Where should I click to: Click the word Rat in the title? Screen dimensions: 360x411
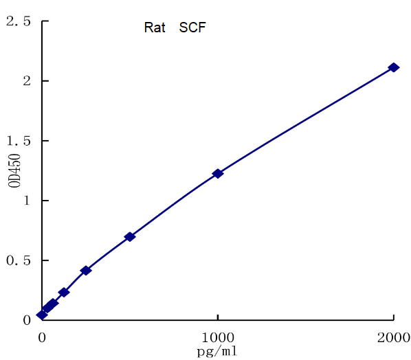pyautogui.click(x=155, y=28)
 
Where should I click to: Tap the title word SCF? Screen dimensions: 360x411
pyautogui.click(x=193, y=28)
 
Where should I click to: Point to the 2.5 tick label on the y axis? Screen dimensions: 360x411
pyautogui.click(x=19, y=21)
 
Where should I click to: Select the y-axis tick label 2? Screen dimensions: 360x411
pyautogui.click(x=25, y=81)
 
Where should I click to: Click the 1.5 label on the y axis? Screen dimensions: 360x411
pyautogui.click(x=19, y=141)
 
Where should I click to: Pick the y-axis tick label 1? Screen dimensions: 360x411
pyautogui.click(x=25, y=201)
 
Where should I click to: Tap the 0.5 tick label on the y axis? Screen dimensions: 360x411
pyautogui.click(x=19, y=260)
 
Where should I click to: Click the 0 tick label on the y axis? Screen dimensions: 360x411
pyautogui.click(x=25, y=320)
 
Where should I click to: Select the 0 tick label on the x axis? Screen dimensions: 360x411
pyautogui.click(x=42, y=338)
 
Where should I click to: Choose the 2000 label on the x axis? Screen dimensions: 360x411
pyautogui.click(x=393, y=338)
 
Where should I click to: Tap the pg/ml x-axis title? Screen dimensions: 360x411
pyautogui.click(x=218, y=352)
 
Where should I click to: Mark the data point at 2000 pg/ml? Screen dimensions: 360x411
pyautogui.click(x=393, y=67)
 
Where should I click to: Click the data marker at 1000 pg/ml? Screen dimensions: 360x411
pyautogui.click(x=217, y=174)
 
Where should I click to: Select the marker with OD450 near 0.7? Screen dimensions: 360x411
pyautogui.click(x=129, y=237)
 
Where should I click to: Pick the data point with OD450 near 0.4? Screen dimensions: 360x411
pyautogui.click(x=86, y=271)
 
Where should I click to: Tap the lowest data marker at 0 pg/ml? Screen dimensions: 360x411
pyautogui.click(x=42, y=315)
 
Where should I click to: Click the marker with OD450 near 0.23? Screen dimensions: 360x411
pyautogui.click(x=64, y=292)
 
